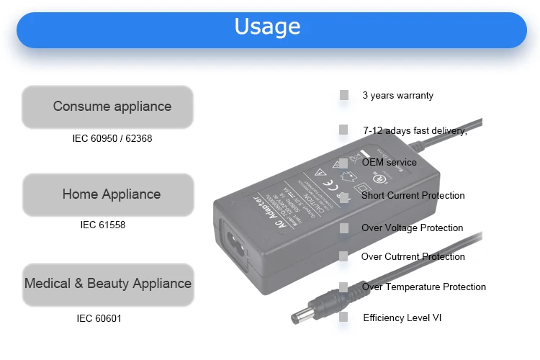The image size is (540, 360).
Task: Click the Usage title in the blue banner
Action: click(267, 27)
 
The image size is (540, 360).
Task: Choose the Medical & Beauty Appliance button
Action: click(108, 284)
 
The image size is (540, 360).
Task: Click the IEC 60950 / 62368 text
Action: click(112, 138)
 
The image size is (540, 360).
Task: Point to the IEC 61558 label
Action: click(102, 225)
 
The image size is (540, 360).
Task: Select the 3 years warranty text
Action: click(397, 95)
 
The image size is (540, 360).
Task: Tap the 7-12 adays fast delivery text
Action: click(415, 130)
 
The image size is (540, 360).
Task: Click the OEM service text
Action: click(389, 162)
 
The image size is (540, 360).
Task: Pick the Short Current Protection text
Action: click(413, 195)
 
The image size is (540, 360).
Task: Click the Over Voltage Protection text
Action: click(412, 228)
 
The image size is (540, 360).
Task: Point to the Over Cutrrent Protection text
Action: click(413, 256)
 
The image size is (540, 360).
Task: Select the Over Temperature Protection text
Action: click(423, 287)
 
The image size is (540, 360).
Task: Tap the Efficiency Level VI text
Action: click(403, 318)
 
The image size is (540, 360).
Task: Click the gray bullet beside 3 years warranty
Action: click(344, 95)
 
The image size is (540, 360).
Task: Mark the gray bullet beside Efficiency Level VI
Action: click(344, 317)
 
